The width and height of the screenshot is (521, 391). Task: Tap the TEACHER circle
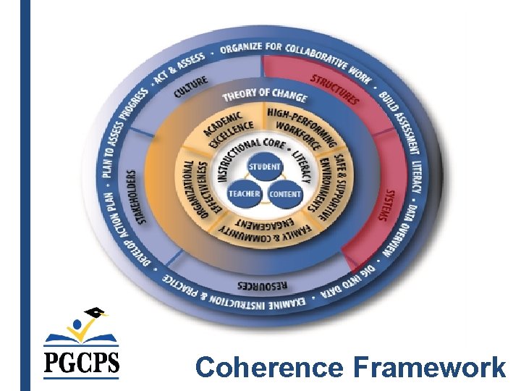(244, 194)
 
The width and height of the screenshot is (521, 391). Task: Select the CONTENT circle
(284, 194)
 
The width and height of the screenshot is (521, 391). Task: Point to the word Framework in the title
(429, 368)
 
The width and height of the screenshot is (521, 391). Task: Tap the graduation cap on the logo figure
(96, 313)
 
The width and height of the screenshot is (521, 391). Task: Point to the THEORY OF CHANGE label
(263, 94)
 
